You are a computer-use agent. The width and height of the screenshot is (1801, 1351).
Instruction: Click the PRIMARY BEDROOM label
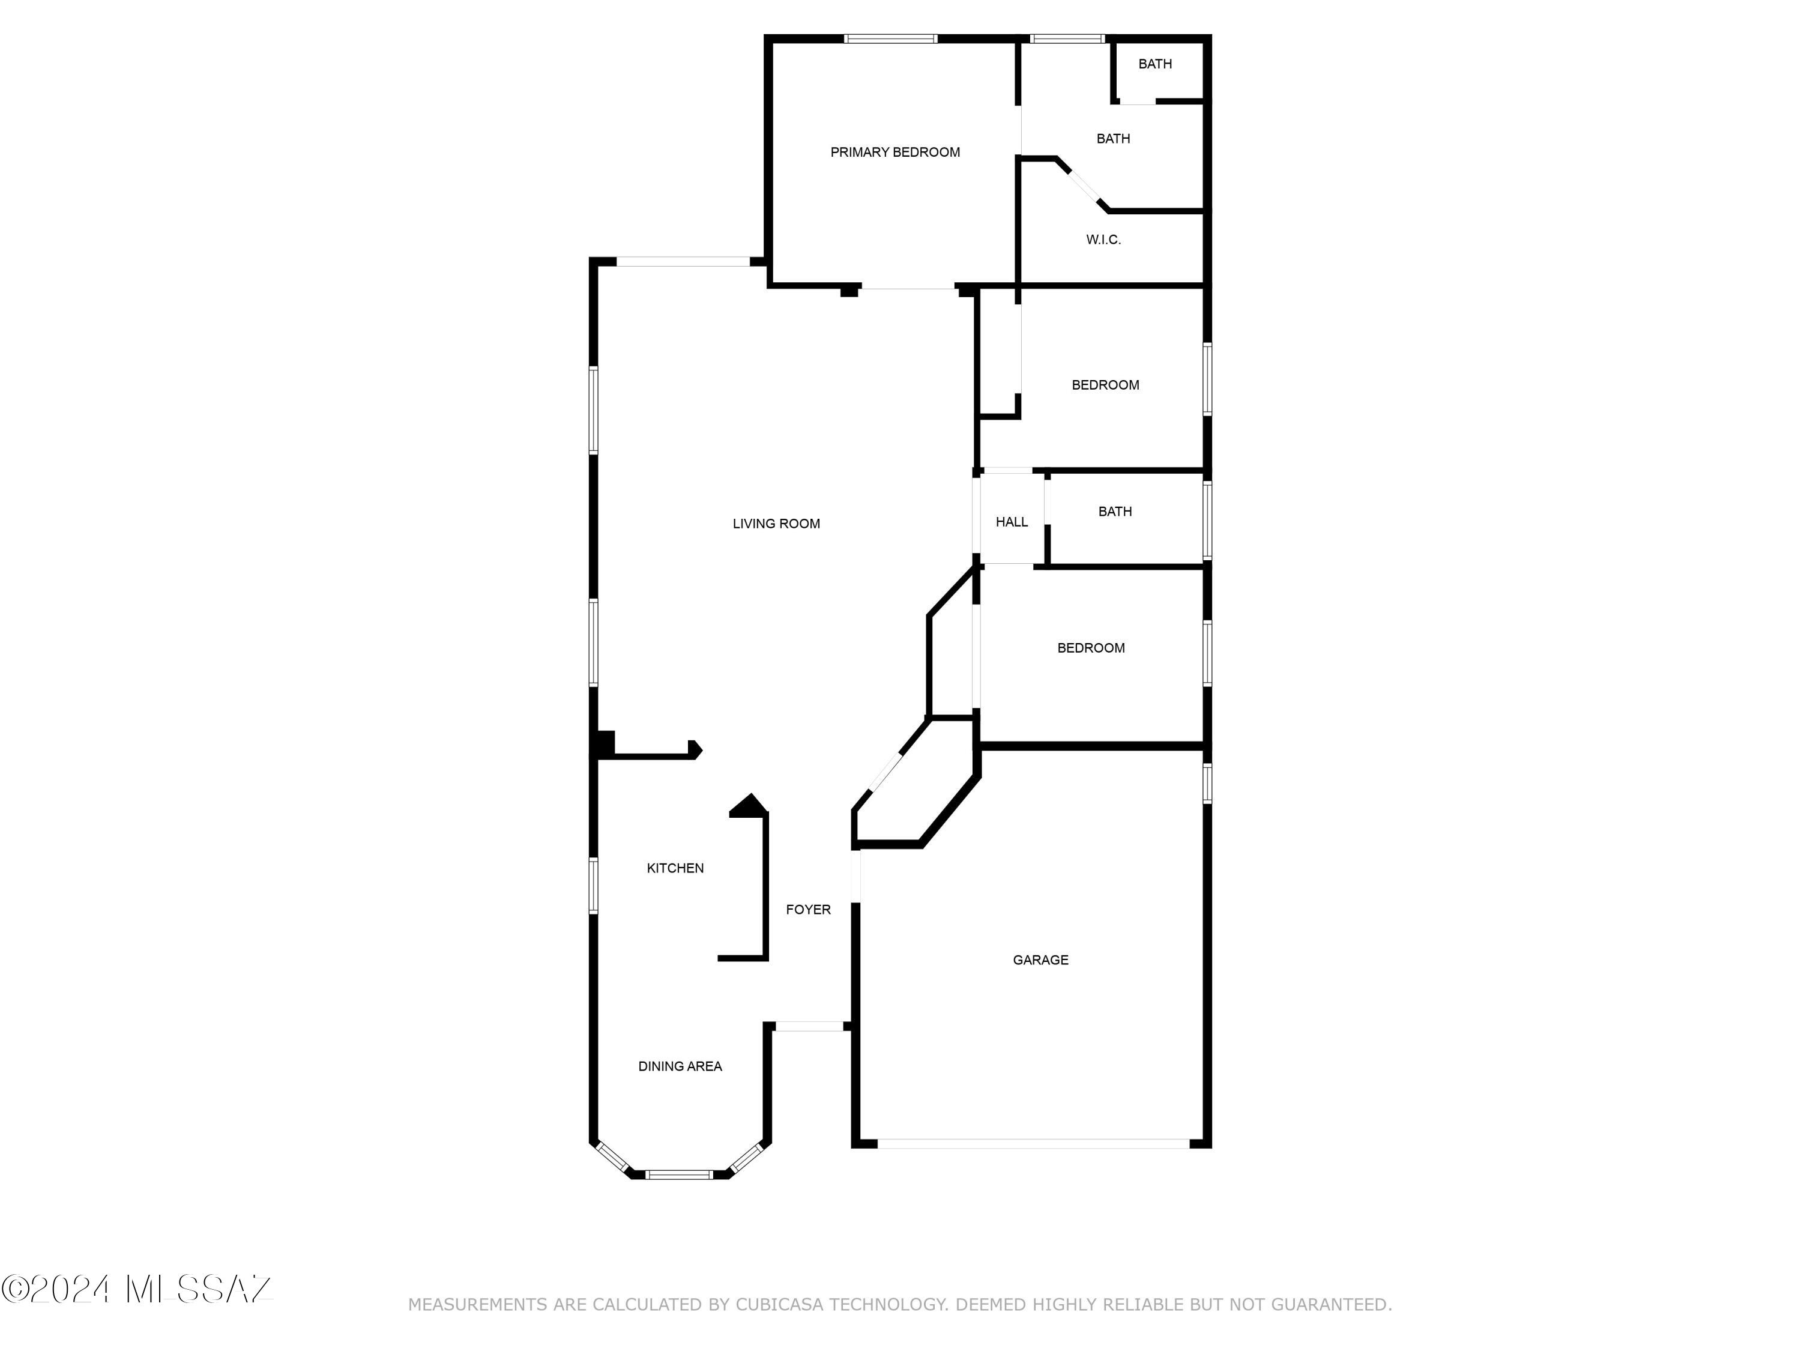click(x=895, y=153)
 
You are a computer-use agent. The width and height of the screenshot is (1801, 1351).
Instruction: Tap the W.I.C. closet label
click(x=1103, y=240)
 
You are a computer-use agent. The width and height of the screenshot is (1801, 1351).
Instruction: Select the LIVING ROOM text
click(x=776, y=524)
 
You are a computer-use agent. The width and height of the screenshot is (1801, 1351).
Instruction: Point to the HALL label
click(x=1011, y=522)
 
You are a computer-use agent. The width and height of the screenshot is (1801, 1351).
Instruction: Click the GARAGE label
click(x=1040, y=960)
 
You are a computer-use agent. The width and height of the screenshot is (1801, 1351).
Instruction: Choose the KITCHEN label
click(x=675, y=868)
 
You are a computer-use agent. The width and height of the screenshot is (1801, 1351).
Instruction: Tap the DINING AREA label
click(x=680, y=1066)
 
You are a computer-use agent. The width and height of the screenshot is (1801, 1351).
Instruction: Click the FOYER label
click(x=807, y=910)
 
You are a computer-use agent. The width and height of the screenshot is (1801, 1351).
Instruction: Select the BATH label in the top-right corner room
click(x=1154, y=64)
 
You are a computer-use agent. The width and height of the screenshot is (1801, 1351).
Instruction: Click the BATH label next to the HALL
click(x=1115, y=512)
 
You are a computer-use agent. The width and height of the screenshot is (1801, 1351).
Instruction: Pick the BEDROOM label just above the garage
click(x=1091, y=648)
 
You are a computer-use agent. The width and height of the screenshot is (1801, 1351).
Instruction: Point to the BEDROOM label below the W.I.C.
click(x=1105, y=385)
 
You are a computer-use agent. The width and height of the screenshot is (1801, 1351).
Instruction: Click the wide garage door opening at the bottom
click(x=1033, y=1143)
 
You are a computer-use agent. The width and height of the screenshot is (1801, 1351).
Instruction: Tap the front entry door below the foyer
click(x=809, y=1027)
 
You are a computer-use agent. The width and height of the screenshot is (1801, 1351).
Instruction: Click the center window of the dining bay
click(x=679, y=1174)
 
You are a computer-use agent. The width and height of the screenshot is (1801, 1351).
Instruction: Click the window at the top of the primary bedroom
click(x=891, y=38)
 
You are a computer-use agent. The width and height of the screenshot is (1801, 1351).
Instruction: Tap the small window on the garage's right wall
click(x=1207, y=784)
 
